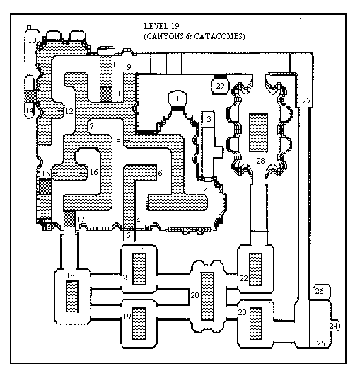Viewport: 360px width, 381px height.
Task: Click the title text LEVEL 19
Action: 162,26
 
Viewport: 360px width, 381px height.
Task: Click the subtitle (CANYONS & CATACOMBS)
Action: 194,36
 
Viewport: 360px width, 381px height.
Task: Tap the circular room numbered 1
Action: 178,98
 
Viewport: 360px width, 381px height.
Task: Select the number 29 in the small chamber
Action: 220,86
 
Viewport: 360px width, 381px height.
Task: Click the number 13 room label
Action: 33,40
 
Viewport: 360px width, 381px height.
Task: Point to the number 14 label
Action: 30,110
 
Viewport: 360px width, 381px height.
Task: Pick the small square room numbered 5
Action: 129,235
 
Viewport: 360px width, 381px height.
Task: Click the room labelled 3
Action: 209,119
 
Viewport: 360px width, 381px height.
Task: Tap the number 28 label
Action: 260,161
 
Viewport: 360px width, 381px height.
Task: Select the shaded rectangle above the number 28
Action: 259,132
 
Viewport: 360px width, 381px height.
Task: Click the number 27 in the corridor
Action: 306,101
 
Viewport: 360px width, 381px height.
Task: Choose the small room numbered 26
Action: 320,291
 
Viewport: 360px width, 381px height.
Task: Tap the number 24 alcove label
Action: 333,326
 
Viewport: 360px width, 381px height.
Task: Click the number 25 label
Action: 320,343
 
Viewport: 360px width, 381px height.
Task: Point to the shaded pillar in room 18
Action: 72,297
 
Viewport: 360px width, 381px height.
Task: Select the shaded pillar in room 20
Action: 207,296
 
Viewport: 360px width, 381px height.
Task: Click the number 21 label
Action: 127,278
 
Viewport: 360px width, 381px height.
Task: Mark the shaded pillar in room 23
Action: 256,324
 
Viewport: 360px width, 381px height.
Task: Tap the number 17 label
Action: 81,220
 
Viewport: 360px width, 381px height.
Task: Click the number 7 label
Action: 91,126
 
